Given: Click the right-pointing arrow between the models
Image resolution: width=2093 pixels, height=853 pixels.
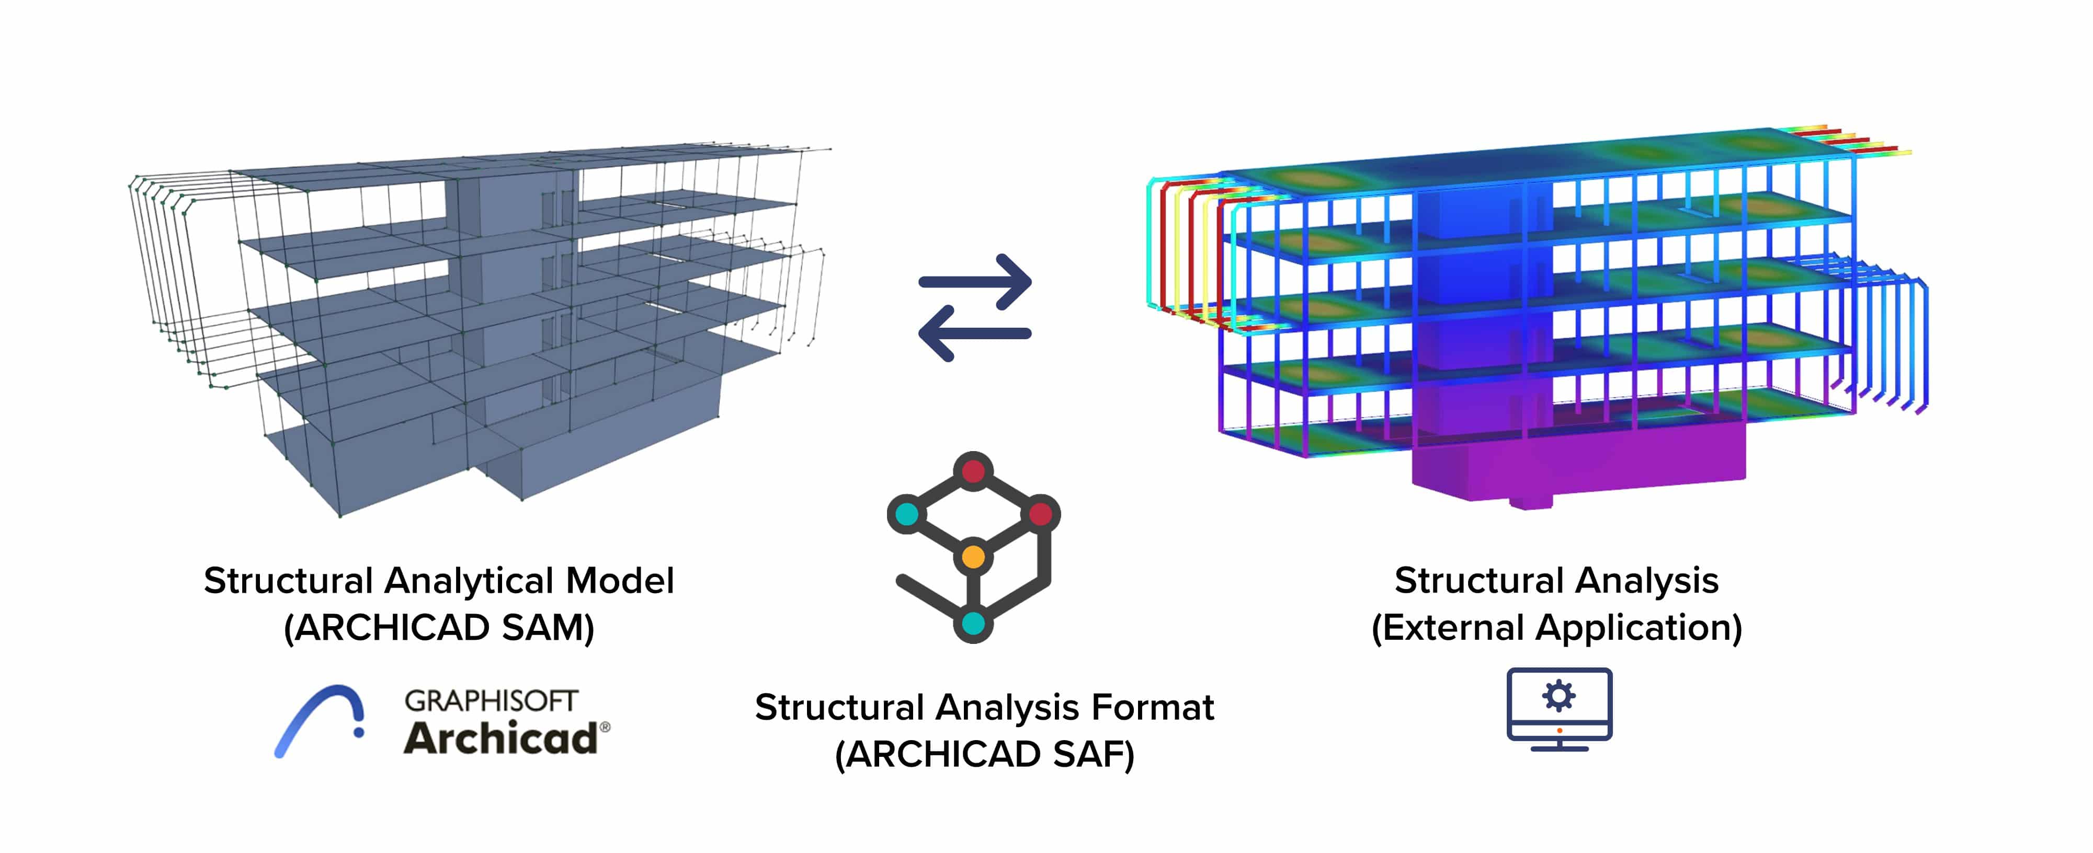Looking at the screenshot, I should (975, 282).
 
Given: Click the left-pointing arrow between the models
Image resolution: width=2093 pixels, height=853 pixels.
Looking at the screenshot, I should (974, 333).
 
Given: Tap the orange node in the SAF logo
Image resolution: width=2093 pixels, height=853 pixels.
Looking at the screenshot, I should (973, 557).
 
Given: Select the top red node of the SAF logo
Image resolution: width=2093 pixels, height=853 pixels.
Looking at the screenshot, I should (973, 470).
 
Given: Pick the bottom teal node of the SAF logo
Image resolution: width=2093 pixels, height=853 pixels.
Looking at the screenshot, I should (973, 624).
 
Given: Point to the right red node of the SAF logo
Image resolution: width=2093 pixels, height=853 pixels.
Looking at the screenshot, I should (1041, 513).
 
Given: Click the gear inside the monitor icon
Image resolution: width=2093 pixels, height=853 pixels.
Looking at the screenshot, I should (1559, 695).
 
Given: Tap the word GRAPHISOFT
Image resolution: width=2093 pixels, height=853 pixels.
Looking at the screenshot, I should (491, 700).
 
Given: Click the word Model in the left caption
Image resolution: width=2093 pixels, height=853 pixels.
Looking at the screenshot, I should (620, 581).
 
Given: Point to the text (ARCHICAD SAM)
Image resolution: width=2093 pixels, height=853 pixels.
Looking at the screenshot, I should (439, 628).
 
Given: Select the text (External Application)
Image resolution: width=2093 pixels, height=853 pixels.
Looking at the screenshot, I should (1556, 628).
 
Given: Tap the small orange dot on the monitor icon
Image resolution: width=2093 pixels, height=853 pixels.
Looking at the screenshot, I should (1559, 730).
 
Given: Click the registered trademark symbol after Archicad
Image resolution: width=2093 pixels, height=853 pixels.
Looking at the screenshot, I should (605, 727).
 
